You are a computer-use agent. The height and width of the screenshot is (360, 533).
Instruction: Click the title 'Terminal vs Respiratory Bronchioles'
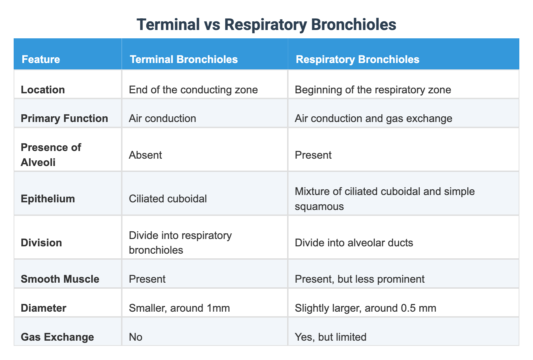(x=266, y=25)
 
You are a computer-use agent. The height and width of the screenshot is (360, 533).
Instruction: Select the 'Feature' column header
(x=41, y=59)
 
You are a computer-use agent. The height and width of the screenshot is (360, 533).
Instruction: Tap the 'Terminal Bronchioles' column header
(x=184, y=59)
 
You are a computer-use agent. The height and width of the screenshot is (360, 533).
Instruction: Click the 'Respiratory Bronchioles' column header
(x=357, y=59)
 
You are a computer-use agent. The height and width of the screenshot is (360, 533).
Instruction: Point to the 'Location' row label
(x=43, y=90)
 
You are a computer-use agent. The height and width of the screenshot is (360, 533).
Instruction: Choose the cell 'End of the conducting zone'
(x=193, y=90)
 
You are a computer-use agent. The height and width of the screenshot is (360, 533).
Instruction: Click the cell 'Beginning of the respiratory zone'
(x=373, y=90)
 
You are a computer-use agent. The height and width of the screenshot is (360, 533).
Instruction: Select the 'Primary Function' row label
(x=64, y=118)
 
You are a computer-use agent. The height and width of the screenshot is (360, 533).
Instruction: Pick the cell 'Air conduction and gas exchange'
(x=373, y=118)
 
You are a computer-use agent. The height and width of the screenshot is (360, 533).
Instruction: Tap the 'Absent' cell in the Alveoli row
(x=145, y=155)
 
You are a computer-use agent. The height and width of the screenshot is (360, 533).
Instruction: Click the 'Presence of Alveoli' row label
(x=51, y=155)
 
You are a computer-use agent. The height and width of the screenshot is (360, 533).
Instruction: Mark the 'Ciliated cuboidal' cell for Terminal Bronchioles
(x=168, y=199)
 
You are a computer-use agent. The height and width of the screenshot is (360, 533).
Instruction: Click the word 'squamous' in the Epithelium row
(x=319, y=206)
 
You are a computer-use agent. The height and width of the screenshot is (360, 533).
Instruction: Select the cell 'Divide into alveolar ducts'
(x=354, y=242)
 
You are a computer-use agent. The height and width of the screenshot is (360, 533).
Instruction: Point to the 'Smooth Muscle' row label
(x=60, y=279)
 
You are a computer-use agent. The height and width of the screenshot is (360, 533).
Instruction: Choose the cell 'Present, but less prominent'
(x=359, y=279)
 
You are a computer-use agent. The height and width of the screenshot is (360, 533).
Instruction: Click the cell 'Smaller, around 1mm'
(x=179, y=308)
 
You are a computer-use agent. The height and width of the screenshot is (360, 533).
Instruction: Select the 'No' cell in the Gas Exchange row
(x=136, y=337)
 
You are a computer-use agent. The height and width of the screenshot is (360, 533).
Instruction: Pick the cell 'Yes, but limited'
(x=330, y=337)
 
